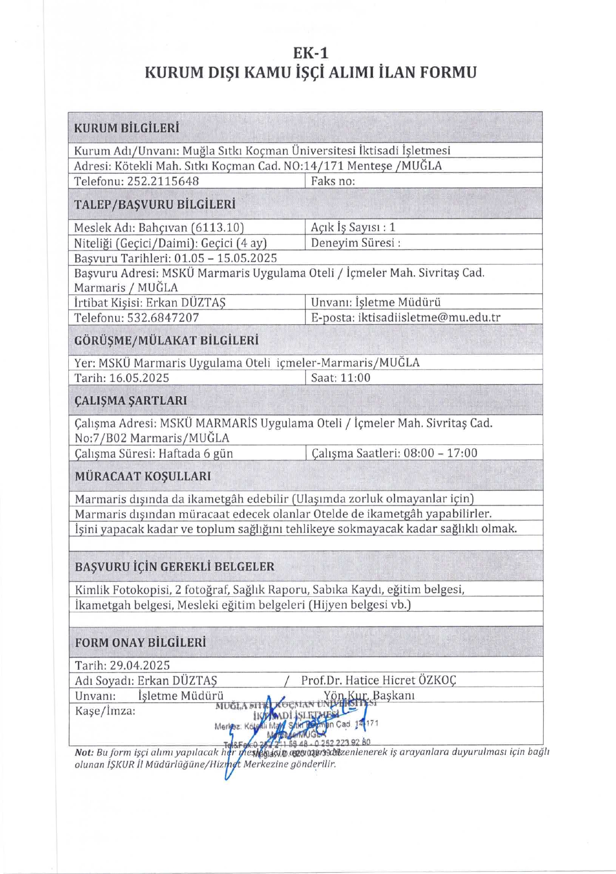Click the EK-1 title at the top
[311, 53]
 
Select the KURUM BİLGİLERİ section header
[127, 128]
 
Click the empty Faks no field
[423, 181]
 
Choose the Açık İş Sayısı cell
[353, 227]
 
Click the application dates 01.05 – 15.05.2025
[225, 258]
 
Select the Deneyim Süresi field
[356, 243]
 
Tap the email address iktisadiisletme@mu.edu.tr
[429, 317]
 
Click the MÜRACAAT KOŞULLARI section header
[143, 476]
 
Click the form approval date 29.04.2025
[140, 665]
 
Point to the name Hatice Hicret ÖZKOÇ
[400, 680]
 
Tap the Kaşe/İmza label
[105, 711]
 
